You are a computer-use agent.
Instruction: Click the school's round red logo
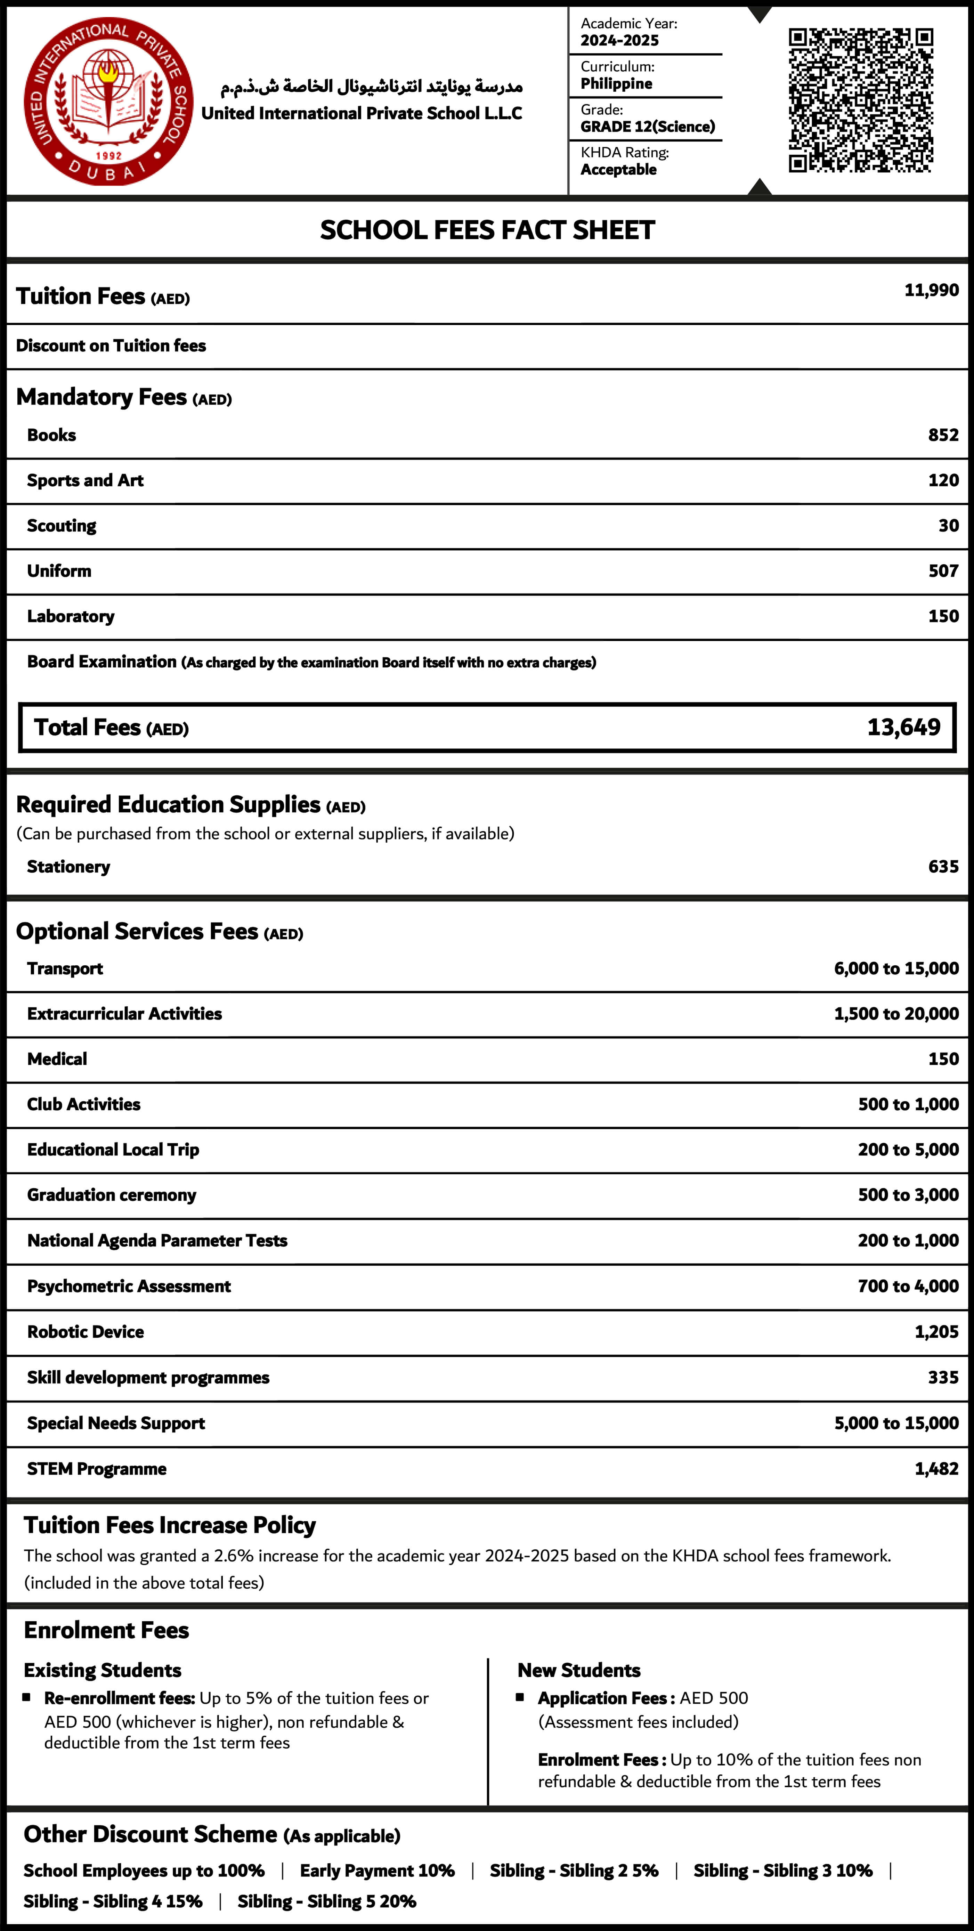(109, 101)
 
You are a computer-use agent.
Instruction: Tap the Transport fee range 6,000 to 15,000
(896, 968)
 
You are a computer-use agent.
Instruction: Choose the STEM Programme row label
(97, 1468)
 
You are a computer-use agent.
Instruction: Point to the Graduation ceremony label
(112, 1195)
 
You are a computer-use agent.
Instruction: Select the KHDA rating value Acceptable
(619, 169)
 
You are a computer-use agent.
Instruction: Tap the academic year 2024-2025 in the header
(619, 40)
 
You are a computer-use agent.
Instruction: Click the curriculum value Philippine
(616, 83)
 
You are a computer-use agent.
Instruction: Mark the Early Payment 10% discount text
(377, 1870)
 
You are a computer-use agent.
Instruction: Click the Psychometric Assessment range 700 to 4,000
(908, 1286)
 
